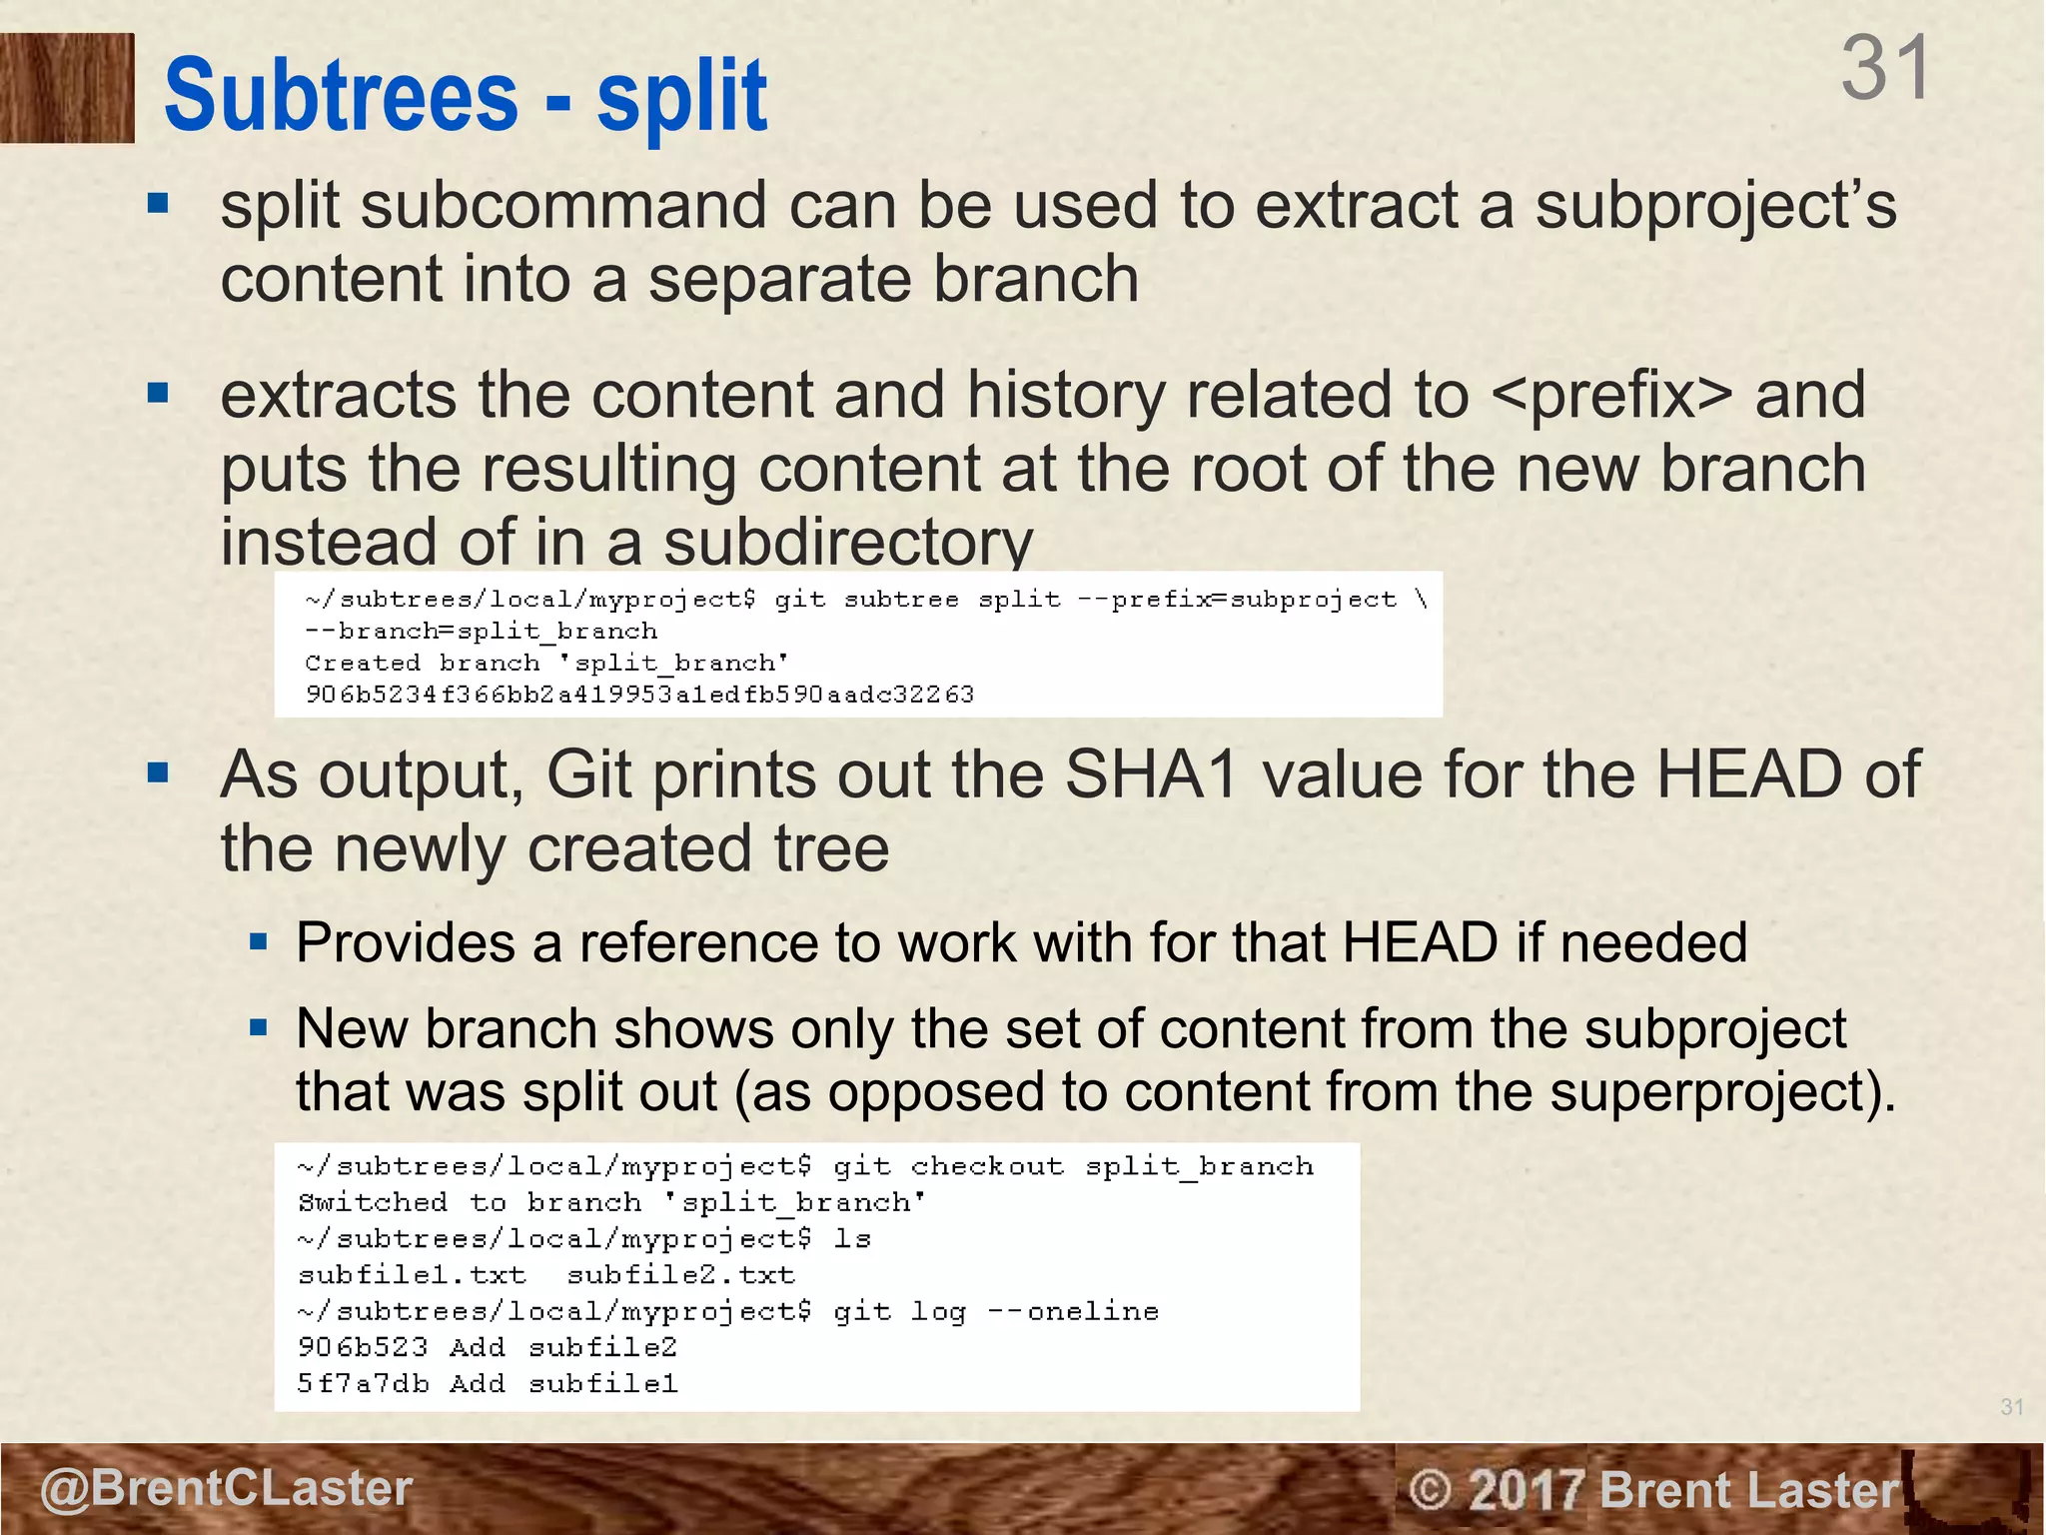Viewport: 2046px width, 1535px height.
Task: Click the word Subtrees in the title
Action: pyautogui.click(x=341, y=96)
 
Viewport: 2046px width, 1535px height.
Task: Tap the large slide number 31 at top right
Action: pyautogui.click(x=1885, y=68)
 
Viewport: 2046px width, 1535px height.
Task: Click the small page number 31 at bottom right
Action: pyautogui.click(x=2012, y=1407)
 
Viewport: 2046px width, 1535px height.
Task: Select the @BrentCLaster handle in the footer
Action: pyautogui.click(x=226, y=1488)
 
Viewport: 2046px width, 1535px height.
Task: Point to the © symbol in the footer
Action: pyautogui.click(x=1431, y=1490)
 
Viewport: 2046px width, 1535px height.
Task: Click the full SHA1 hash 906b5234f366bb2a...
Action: pyautogui.click(x=639, y=695)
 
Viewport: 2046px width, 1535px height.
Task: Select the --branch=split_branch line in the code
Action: pyautogui.click(x=482, y=632)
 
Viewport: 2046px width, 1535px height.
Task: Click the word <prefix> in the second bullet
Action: pyautogui.click(x=1611, y=395)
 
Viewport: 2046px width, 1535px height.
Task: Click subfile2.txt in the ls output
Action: pyautogui.click(x=680, y=1275)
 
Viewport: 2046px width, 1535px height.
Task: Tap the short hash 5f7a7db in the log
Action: pyautogui.click(x=363, y=1384)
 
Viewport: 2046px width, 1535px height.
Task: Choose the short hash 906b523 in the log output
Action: pyautogui.click(x=363, y=1347)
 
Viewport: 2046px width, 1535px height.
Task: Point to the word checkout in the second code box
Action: pyautogui.click(x=987, y=1166)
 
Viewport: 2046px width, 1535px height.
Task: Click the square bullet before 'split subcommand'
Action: pyautogui.click(x=158, y=204)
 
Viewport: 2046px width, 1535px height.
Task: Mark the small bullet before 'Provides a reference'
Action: pyautogui.click(x=259, y=941)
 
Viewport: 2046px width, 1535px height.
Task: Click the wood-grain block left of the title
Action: pyautogui.click(x=67, y=88)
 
